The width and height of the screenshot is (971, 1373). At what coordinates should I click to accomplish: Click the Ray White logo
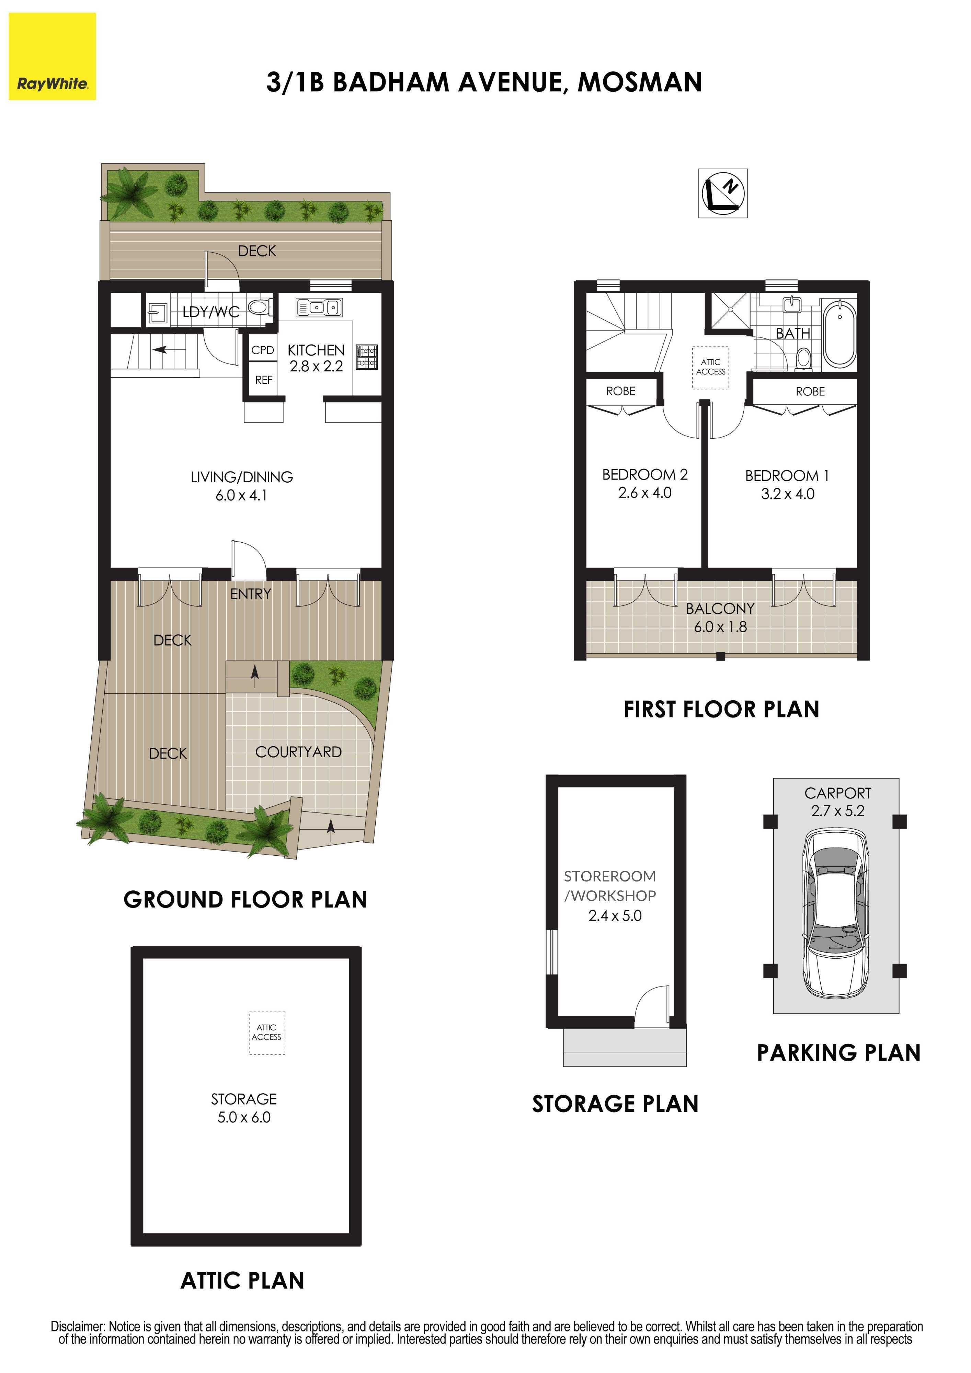tap(52, 56)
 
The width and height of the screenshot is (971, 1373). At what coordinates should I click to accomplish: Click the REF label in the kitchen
tap(264, 380)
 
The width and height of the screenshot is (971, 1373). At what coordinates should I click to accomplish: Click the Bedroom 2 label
tap(645, 475)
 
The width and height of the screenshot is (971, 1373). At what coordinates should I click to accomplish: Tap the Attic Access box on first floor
tap(711, 367)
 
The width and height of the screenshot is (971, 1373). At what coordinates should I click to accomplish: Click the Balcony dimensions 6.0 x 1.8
tap(720, 627)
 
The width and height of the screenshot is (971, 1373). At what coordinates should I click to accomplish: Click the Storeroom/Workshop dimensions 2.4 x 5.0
tap(615, 915)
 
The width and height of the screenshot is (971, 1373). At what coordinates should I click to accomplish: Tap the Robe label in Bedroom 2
tap(620, 391)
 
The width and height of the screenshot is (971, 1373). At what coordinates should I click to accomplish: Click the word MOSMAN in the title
tap(640, 82)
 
